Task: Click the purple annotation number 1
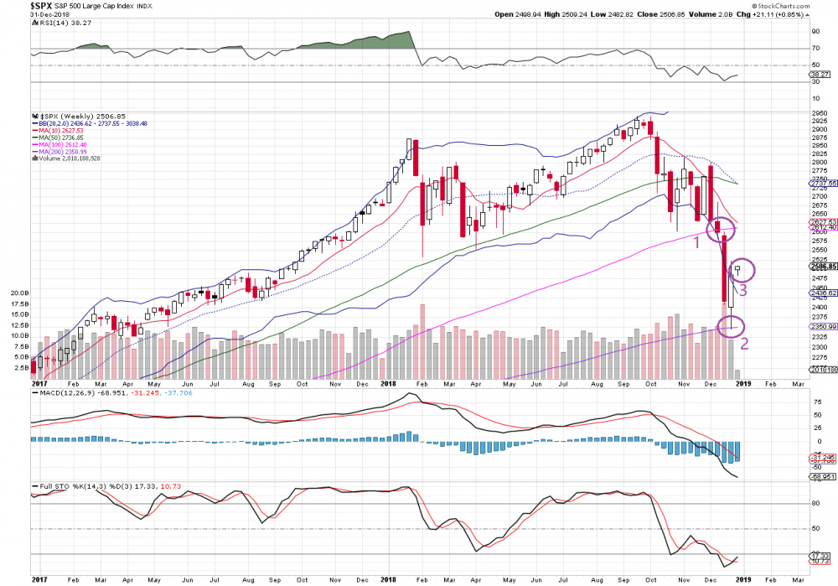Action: click(695, 242)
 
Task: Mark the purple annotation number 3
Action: click(742, 290)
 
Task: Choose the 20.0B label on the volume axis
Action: click(19, 293)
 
